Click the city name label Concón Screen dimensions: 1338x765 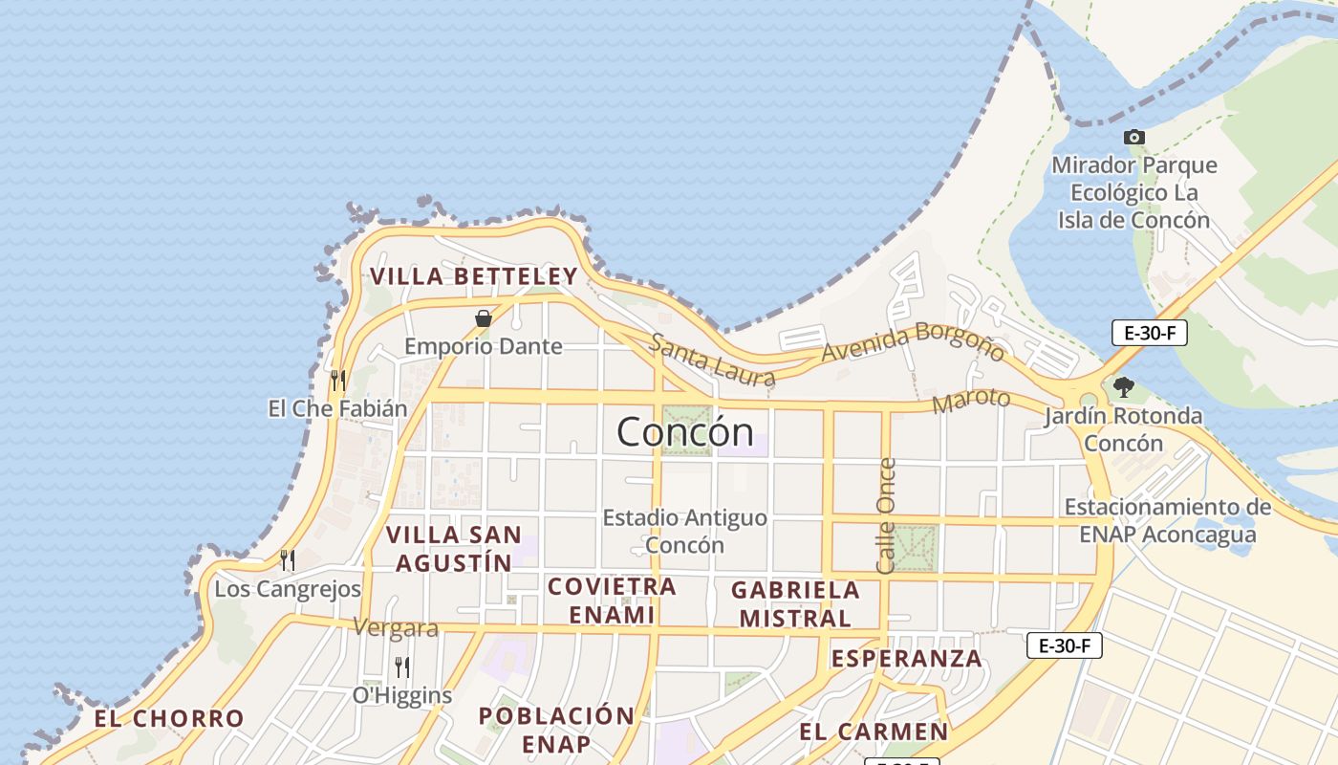pos(684,432)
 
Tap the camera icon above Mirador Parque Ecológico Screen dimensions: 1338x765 pos(1133,137)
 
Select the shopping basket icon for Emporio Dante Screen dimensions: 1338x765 pos(484,318)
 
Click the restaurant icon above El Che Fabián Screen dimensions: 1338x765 pos(337,381)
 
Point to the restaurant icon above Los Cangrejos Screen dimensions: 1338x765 pos(287,559)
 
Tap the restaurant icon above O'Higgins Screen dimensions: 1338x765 pos(402,667)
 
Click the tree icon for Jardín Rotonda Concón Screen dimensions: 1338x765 pos(1123,387)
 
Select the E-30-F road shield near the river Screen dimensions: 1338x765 pos(1149,333)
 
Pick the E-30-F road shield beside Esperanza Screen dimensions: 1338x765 pos(1065,645)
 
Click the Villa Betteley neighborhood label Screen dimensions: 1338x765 pos(474,276)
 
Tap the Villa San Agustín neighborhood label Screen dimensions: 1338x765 pos(454,549)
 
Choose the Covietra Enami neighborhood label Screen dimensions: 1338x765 pos(612,601)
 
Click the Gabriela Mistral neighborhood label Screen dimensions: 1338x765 pos(795,604)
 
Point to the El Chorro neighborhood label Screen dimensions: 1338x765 pos(169,718)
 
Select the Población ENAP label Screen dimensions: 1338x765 pos(556,729)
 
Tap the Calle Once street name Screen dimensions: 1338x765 pos(886,516)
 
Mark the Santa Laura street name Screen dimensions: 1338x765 pos(712,361)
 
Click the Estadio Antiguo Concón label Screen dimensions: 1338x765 pos(684,531)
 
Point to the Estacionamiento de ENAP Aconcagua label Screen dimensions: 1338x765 pos(1167,520)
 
